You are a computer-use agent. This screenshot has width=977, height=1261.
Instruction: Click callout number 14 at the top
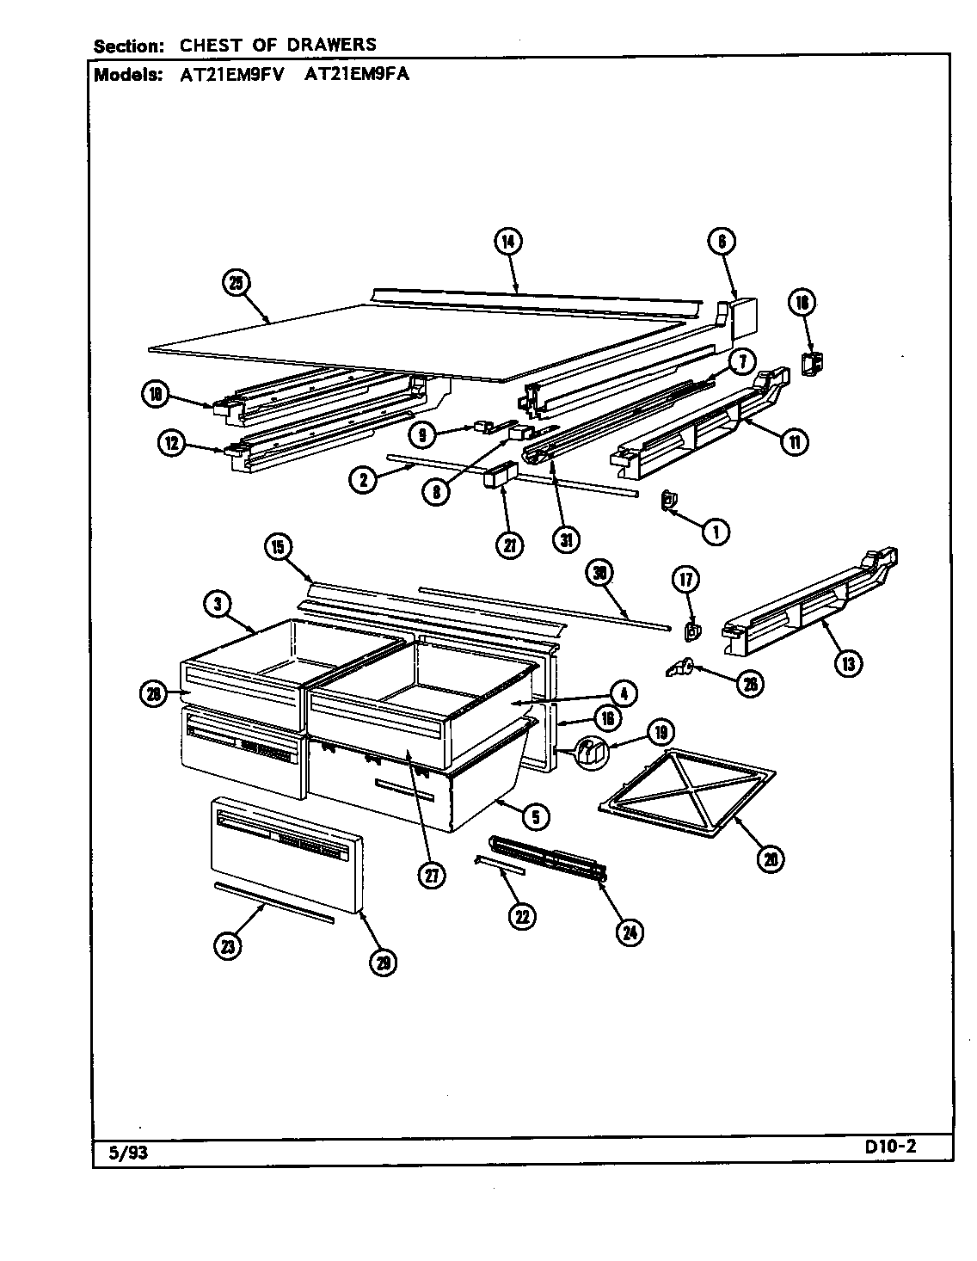point(508,243)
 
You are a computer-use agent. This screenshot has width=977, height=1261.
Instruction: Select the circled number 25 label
point(236,283)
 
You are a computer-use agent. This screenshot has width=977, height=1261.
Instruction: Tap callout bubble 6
point(722,243)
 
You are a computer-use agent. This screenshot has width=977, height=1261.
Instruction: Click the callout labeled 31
point(566,539)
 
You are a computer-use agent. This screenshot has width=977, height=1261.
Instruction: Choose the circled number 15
point(279,547)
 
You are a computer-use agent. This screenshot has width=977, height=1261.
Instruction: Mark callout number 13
point(848,662)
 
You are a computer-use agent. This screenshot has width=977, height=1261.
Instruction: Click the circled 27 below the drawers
point(432,876)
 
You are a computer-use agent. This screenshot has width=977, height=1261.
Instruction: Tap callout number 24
point(631,932)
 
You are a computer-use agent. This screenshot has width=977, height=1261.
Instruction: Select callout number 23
point(226,946)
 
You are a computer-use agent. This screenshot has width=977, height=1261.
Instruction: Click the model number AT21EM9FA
point(357,74)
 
